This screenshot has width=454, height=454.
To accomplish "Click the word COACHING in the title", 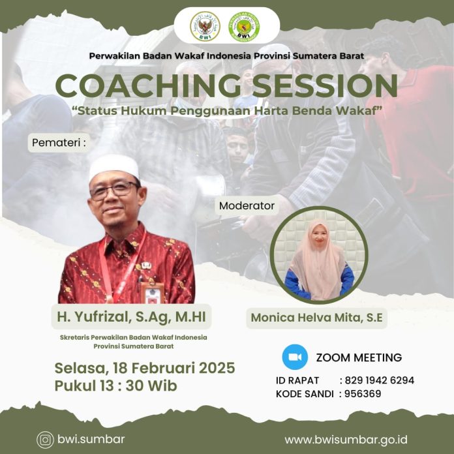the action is click(x=147, y=85).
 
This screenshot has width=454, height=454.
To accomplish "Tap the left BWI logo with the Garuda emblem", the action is click(x=205, y=26).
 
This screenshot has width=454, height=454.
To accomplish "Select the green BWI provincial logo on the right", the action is click(x=245, y=26).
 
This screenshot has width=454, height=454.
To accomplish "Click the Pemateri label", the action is click(x=59, y=142).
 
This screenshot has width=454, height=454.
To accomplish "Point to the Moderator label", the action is click(x=247, y=205).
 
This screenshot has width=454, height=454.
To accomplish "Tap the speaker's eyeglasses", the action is click(x=115, y=190).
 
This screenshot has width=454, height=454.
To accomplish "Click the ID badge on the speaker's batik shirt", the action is click(x=152, y=292).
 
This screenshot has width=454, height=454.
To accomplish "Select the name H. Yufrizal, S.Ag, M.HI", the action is click(x=132, y=316).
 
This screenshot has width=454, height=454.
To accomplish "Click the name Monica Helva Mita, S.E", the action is click(x=316, y=318).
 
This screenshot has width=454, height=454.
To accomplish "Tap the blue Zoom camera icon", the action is click(x=295, y=357).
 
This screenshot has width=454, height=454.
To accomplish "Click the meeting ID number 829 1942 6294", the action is click(x=379, y=380).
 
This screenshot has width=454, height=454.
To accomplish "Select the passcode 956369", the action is click(x=363, y=394).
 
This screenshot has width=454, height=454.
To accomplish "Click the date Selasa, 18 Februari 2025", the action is click(x=144, y=369).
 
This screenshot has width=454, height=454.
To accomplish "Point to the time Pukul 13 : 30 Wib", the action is click(x=115, y=386).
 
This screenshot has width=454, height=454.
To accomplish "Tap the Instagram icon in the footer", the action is click(x=45, y=440).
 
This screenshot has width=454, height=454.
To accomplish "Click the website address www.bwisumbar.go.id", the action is click(x=346, y=440).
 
